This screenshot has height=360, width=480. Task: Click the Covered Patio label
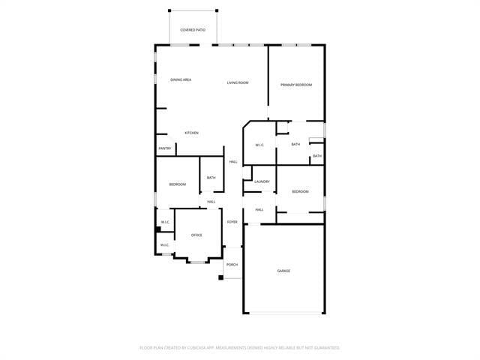[x=193, y=30]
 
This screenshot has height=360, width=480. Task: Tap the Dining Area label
[x=180, y=80]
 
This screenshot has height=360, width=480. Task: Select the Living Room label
[x=238, y=82]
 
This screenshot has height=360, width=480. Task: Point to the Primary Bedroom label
[x=296, y=85]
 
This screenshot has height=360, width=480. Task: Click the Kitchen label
[x=192, y=133]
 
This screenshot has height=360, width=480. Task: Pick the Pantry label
[x=165, y=148]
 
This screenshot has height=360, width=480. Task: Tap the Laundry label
[x=262, y=181]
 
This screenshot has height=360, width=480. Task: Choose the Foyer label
[x=232, y=222]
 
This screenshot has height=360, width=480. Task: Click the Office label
[x=196, y=235]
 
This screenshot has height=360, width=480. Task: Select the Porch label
[x=232, y=265]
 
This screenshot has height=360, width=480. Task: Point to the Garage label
[x=283, y=271]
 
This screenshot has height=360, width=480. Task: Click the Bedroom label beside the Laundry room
[x=300, y=192]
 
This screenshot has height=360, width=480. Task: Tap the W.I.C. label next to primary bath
[x=259, y=145]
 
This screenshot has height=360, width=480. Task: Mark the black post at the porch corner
[x=220, y=278]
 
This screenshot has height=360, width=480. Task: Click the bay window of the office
[x=198, y=261]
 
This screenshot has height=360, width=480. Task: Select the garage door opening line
[x=284, y=313]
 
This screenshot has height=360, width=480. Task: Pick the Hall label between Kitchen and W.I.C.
[x=233, y=162]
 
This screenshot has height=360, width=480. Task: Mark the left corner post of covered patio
[x=169, y=10]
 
